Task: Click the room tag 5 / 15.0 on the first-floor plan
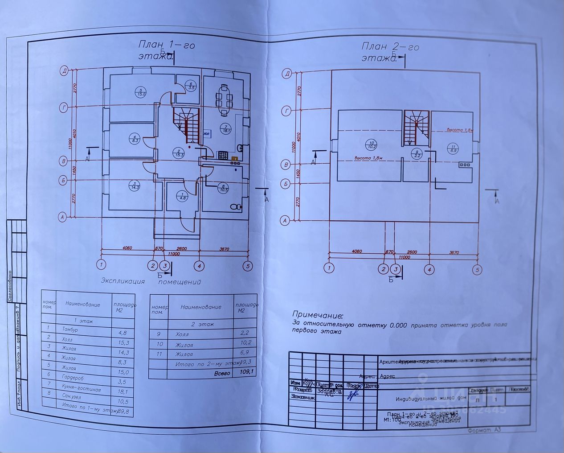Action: coord(141,92)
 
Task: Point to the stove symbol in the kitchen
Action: coord(222,155)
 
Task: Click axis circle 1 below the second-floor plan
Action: coord(329,268)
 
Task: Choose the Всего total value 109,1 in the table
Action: coord(247,372)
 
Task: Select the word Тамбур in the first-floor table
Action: coord(70,329)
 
